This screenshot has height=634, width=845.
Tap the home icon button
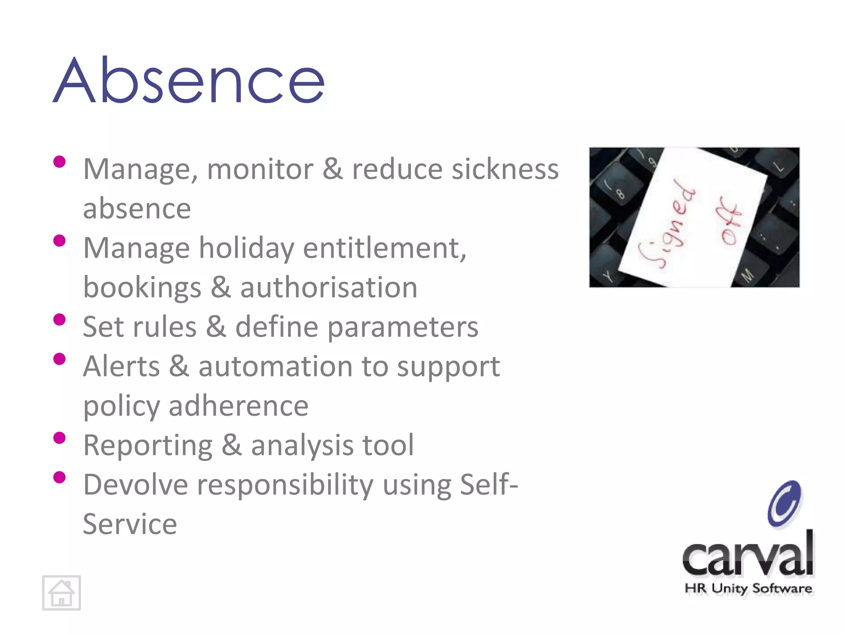pyautogui.click(x=61, y=593)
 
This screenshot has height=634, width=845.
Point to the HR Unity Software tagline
pyautogui.click(x=748, y=588)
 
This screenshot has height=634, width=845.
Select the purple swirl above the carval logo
pyautogui.click(x=784, y=504)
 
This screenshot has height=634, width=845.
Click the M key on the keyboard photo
pyautogui.click(x=747, y=274)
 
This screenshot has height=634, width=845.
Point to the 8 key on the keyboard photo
pyautogui.click(x=620, y=193)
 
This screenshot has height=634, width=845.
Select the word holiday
pyautogui.click(x=247, y=248)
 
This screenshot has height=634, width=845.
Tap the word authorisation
pyautogui.click(x=328, y=288)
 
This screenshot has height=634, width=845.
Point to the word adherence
pyautogui.click(x=238, y=406)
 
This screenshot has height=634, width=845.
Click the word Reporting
pyautogui.click(x=148, y=446)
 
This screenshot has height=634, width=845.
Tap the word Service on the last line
pyautogui.click(x=130, y=524)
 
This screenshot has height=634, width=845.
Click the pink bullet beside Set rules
pyautogui.click(x=59, y=319)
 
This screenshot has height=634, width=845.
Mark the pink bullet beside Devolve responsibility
pyautogui.click(x=59, y=477)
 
